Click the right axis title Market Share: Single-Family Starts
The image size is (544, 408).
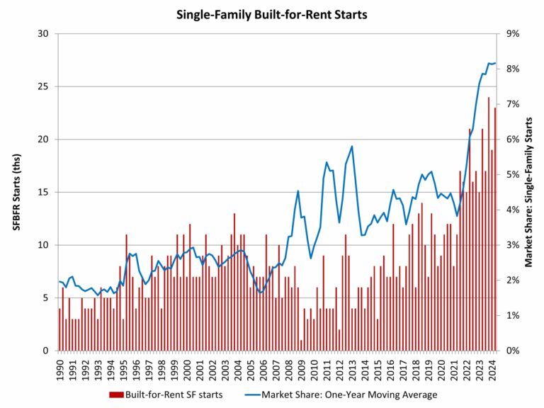coord(528,192)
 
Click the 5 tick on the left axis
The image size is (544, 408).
coord(45,298)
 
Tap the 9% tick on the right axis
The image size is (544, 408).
coord(511,34)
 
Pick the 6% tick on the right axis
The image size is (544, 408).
coord(511,140)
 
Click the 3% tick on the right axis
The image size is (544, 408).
coord(511,245)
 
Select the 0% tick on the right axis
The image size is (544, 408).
coord(511,351)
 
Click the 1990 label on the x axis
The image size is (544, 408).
coord(59,367)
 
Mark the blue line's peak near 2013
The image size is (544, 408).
coord(352,147)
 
